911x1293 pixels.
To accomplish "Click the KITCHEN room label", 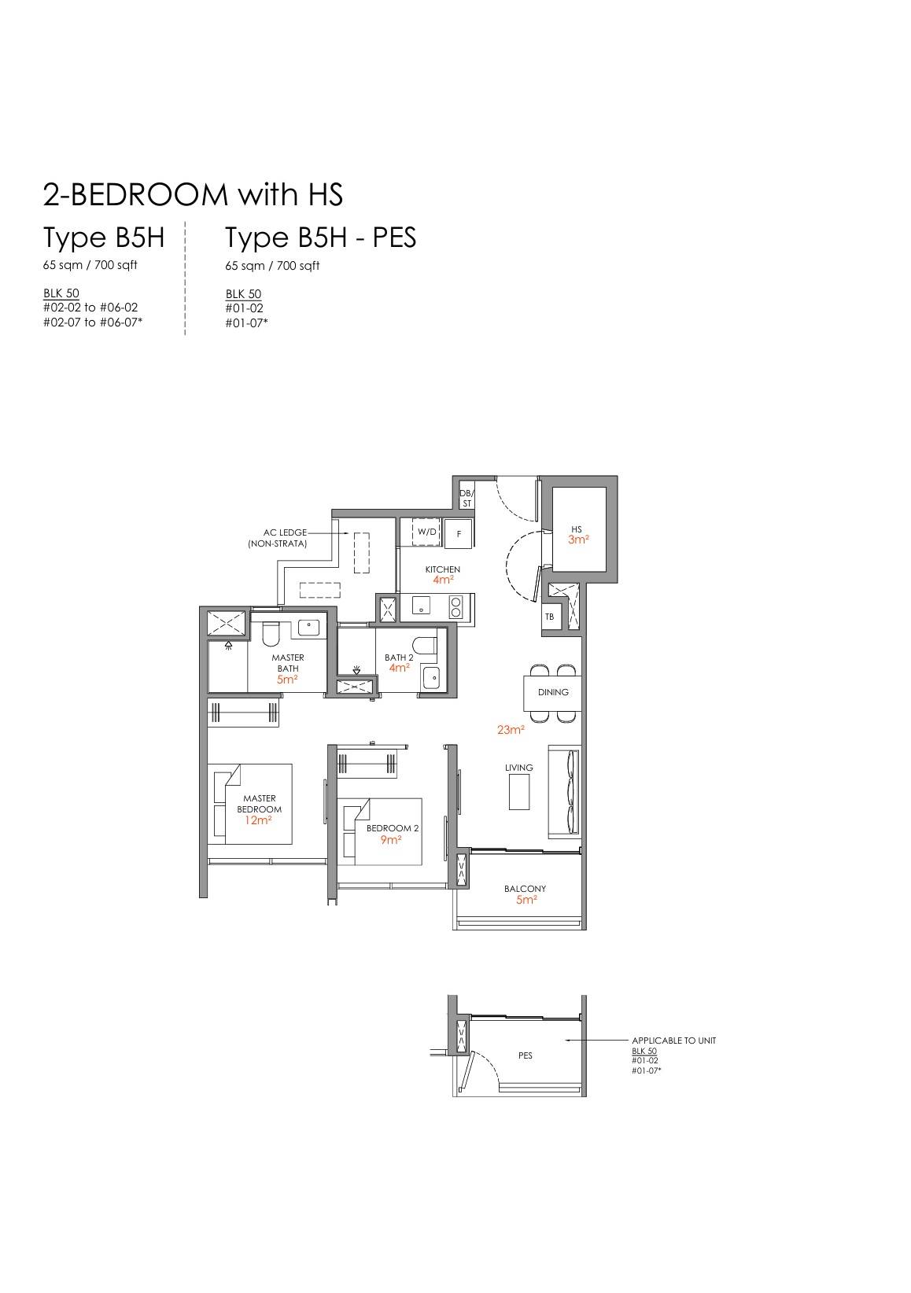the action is [442, 569].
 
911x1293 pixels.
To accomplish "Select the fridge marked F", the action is [459, 533].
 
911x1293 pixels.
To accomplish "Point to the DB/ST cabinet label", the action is [467, 499].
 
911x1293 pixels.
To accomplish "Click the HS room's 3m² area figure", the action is [578, 540].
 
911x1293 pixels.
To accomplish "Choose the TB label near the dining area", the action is [550, 617].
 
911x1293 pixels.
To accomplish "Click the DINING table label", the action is [553, 692].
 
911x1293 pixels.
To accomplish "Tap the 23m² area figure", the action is [511, 730].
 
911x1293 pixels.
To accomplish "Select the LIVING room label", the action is [518, 768].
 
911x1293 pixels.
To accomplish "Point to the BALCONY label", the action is [525, 889].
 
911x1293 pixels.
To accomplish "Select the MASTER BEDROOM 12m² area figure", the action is [258, 820].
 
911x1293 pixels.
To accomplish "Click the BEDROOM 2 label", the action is [393, 828].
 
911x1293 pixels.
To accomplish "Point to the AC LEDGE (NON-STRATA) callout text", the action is [278, 538].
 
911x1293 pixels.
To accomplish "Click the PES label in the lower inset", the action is [526, 1055].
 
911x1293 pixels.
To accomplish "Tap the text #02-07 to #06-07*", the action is [93, 322].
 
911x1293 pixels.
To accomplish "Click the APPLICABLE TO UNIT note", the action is [673, 1041].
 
